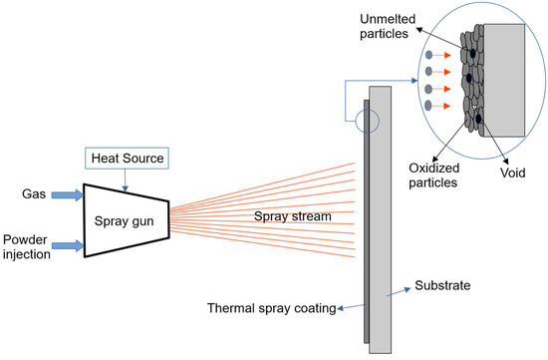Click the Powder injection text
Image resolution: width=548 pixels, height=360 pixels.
coord(26,245)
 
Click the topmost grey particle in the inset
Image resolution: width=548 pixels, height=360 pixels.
coord(428,54)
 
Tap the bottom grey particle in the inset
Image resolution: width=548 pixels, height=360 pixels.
coord(428,104)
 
